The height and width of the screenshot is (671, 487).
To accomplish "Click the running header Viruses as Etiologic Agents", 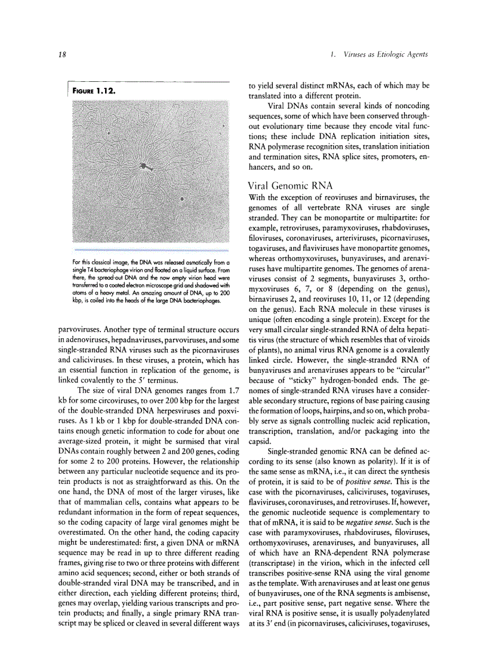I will click(386, 55).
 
